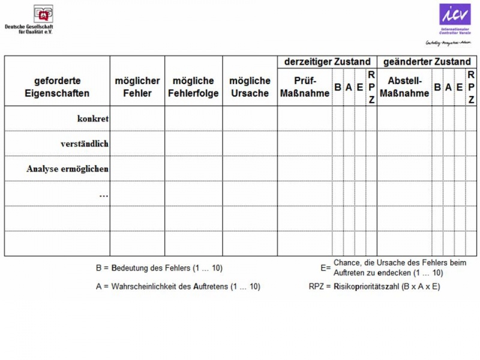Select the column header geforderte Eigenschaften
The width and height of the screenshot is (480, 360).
click(x=57, y=87)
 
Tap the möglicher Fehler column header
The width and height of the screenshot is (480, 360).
click(x=137, y=87)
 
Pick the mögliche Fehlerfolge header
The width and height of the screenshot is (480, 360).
click(x=193, y=87)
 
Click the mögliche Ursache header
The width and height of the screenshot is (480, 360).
click(x=250, y=87)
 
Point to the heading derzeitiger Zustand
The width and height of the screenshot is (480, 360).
click(x=327, y=62)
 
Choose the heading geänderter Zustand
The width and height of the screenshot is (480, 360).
click(x=427, y=62)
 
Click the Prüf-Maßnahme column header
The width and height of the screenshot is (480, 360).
click(x=305, y=87)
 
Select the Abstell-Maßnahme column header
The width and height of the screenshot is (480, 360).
click(x=404, y=87)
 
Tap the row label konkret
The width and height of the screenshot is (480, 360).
click(x=92, y=119)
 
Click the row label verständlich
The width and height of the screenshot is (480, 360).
click(x=84, y=144)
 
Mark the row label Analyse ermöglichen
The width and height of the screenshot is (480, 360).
click(x=67, y=169)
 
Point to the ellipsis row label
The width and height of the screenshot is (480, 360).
click(x=103, y=194)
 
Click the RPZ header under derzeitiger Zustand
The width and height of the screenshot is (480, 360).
click(x=371, y=88)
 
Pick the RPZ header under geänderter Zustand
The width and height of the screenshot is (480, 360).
click(x=471, y=88)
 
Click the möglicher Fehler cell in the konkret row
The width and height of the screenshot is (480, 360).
click(x=137, y=119)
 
